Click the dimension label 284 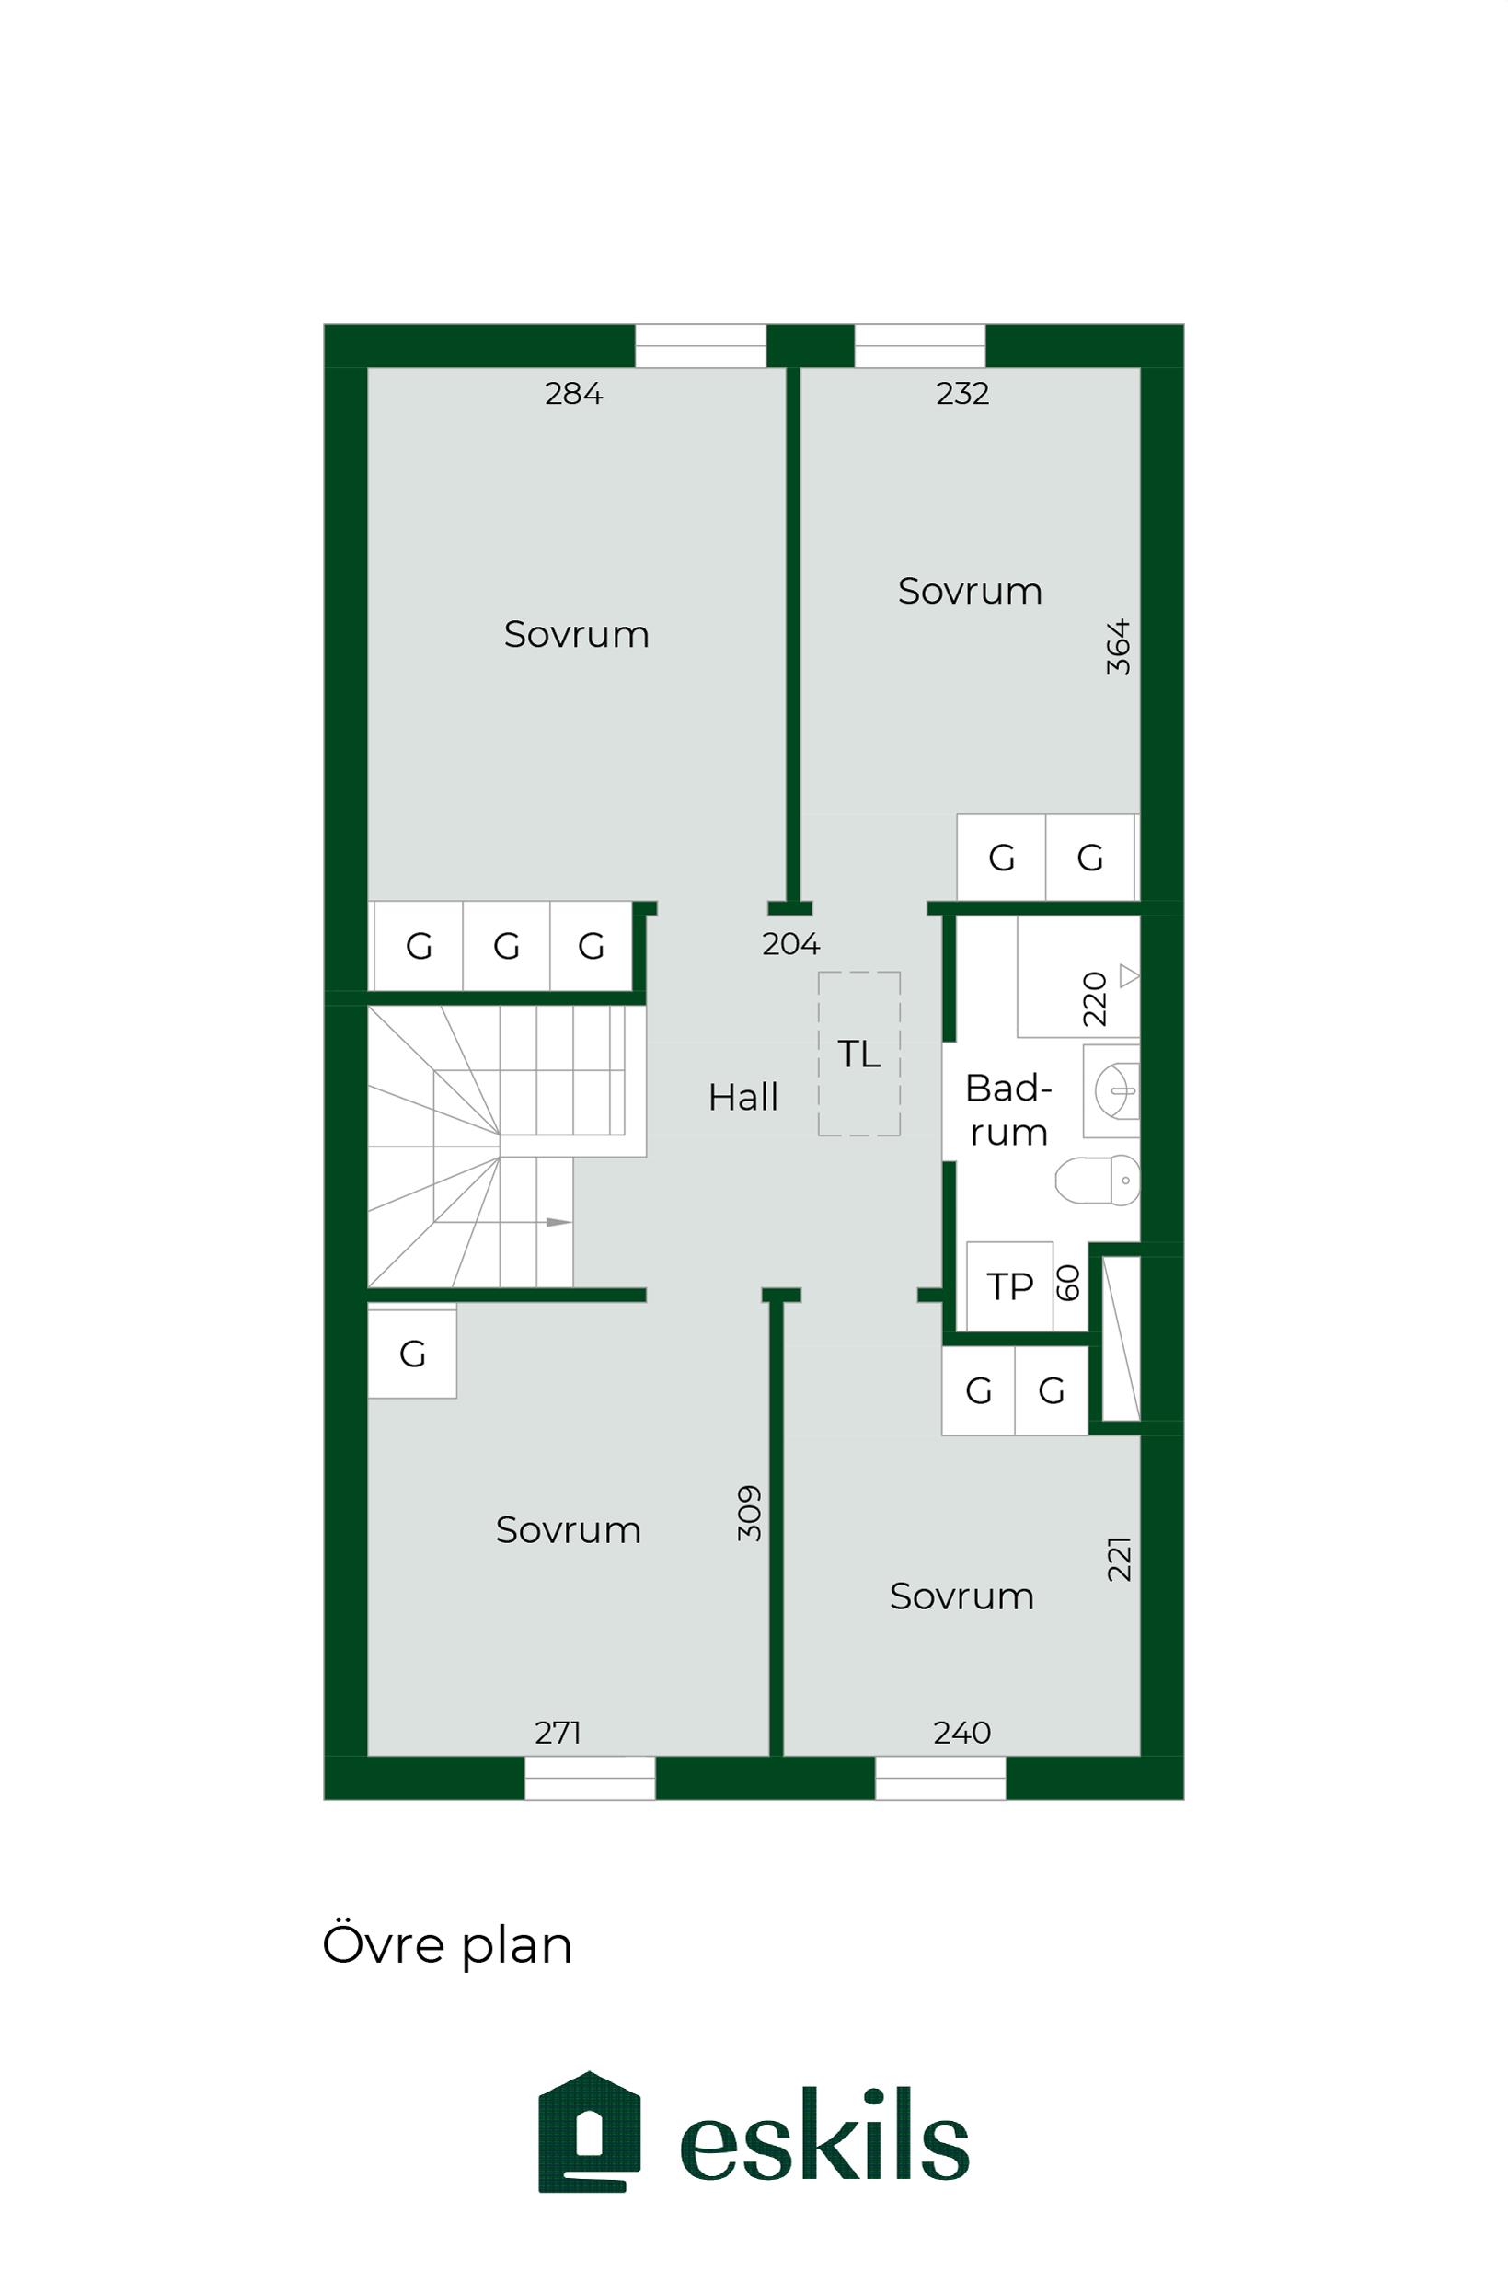[573, 393]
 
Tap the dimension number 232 [961, 393]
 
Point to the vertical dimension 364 [1118, 647]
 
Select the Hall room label [742, 1097]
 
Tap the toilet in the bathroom [1098, 1180]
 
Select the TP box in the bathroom [1010, 1286]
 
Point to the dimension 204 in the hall [790, 944]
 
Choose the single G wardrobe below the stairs [412, 1354]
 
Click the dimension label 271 [558, 1733]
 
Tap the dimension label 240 [961, 1733]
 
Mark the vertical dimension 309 [749, 1514]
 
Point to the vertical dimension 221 [1119, 1559]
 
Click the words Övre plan [447, 1944]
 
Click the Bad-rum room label [1007, 1111]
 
